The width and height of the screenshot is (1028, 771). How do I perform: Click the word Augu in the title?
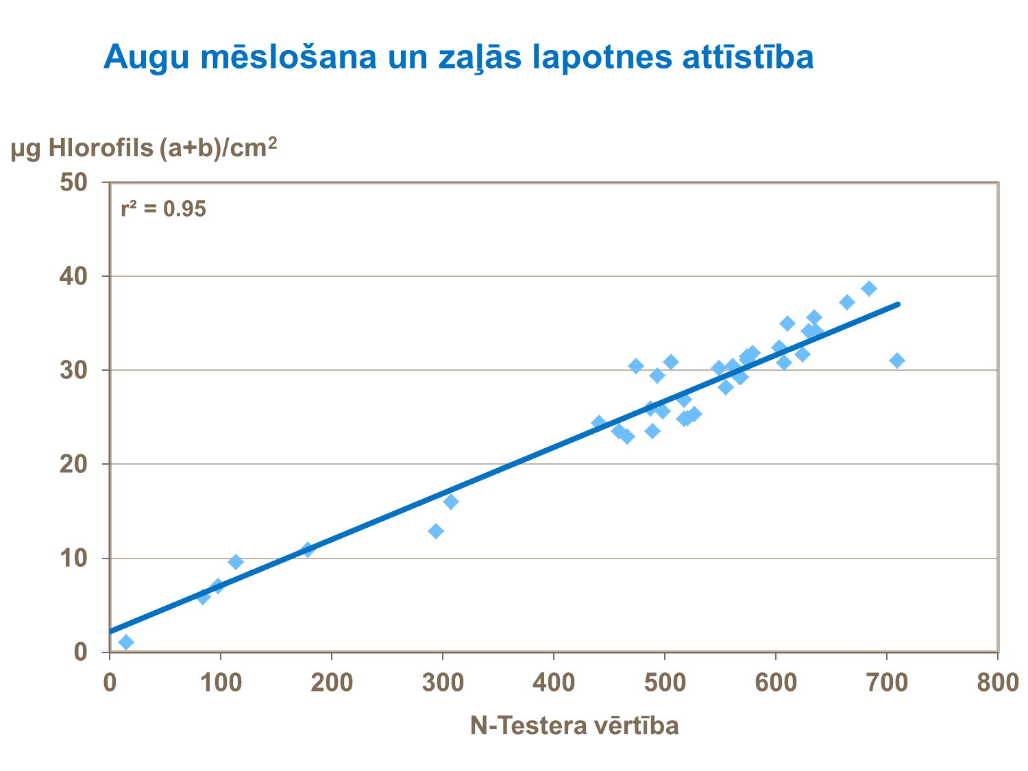point(146,58)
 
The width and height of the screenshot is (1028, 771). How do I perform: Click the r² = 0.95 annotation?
point(163,209)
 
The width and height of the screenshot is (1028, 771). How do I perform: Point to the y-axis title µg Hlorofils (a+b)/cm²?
point(144,147)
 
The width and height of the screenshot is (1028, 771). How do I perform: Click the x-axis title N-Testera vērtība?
point(574,726)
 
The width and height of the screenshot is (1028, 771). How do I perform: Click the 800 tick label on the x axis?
point(998,683)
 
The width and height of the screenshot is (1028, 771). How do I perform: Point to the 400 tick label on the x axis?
point(554,683)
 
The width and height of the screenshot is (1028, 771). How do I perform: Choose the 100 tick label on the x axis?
point(221,683)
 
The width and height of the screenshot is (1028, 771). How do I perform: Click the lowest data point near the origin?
point(126,642)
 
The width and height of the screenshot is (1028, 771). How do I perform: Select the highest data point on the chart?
point(869,289)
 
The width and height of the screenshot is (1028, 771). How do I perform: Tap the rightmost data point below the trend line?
point(897,360)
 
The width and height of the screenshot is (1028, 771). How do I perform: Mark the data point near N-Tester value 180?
point(308,550)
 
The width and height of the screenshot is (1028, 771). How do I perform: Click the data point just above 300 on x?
point(451,502)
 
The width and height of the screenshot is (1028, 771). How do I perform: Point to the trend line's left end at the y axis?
point(111,631)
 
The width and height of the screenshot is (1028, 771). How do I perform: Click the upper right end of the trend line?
point(898,304)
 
